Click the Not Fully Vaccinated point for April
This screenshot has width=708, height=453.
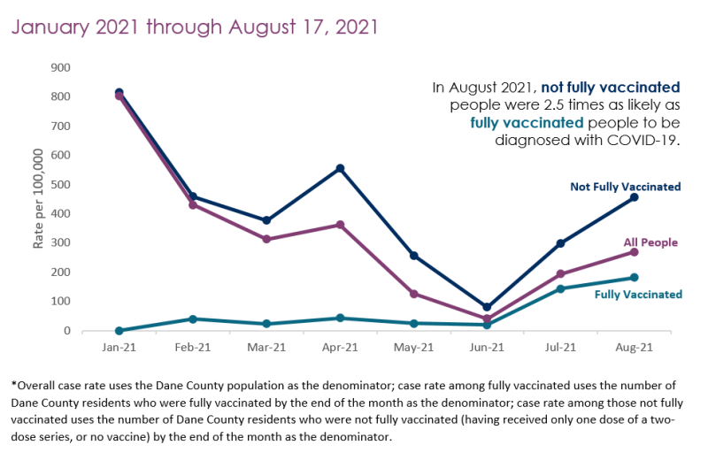[x=340, y=168]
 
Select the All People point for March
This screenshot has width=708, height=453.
[x=266, y=239]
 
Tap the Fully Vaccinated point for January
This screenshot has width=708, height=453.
[x=119, y=331]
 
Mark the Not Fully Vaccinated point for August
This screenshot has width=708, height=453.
[x=634, y=197]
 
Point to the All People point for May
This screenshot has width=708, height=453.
[x=413, y=294]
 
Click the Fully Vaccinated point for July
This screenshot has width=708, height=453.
[x=560, y=288]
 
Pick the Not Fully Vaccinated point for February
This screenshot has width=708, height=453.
[x=193, y=196]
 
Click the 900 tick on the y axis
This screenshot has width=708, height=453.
[x=60, y=67]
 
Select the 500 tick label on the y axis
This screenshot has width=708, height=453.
[x=60, y=184]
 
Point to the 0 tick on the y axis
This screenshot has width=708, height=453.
[x=66, y=331]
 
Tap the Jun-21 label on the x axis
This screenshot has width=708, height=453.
[x=487, y=348]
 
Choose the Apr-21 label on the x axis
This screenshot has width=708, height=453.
[x=340, y=348]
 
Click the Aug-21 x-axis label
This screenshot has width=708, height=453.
[x=634, y=348]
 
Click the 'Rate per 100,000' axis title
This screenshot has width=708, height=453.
[x=39, y=198]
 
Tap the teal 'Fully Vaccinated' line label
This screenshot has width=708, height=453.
[x=638, y=295]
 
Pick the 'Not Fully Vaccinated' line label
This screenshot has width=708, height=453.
[x=625, y=187]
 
